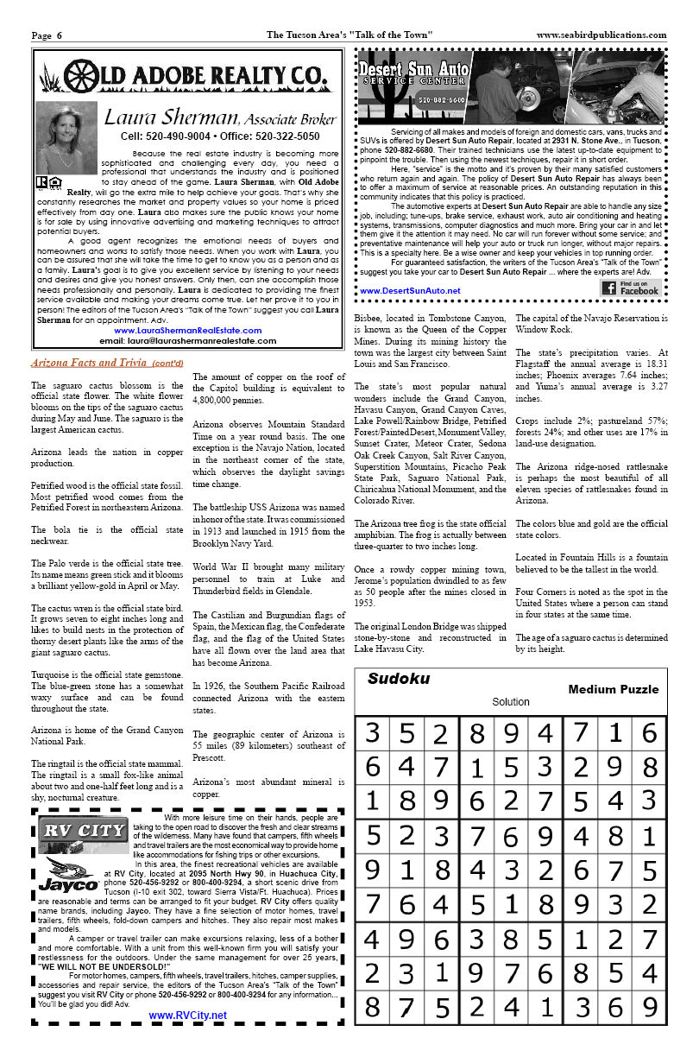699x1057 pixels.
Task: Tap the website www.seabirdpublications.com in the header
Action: [x=601, y=35]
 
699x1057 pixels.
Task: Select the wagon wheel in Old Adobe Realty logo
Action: [x=79, y=76]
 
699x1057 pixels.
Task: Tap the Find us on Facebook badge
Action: [x=631, y=288]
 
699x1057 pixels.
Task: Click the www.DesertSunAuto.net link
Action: [x=410, y=291]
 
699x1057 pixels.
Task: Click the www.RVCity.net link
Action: [x=187, y=1016]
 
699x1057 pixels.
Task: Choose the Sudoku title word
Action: [x=398, y=679]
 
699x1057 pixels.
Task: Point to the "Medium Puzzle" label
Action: [x=613, y=689]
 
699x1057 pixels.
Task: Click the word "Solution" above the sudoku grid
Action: [x=510, y=702]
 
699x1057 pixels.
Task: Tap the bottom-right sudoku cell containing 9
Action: [x=649, y=1007]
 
